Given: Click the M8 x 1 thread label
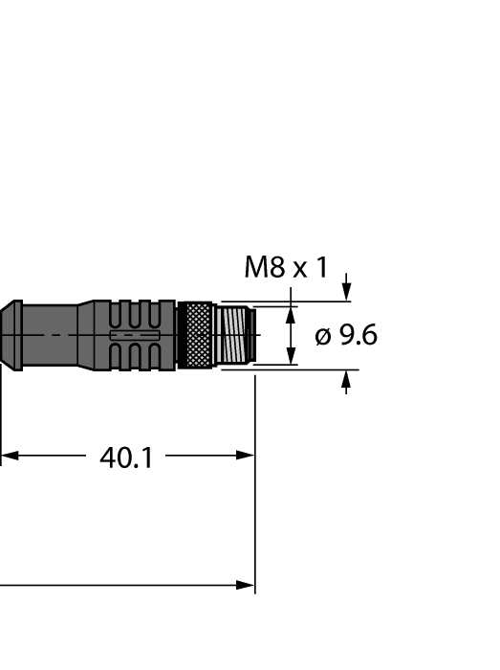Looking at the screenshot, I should tap(285, 267).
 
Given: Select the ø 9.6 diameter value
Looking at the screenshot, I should tap(346, 336).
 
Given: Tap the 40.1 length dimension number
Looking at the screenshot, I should tap(126, 458).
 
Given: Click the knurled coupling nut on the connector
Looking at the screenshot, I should tap(196, 336).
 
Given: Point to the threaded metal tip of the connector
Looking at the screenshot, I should tap(233, 336).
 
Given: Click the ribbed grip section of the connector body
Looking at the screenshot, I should tap(141, 336).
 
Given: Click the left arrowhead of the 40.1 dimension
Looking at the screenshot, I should tap(8, 457).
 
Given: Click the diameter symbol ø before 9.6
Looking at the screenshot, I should tap(323, 337).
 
